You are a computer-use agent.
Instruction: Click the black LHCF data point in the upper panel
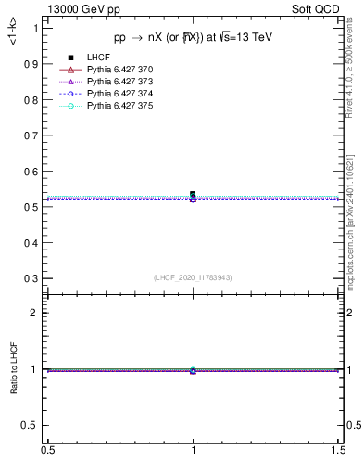point(193,195)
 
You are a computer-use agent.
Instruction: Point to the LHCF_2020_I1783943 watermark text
point(193,277)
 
